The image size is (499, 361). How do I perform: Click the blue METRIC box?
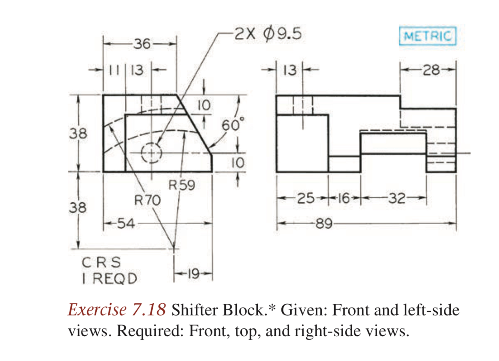[427, 36]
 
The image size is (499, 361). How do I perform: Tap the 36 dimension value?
[142, 44]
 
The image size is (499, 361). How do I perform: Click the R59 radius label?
[182, 185]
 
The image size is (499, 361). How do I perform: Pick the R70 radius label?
[147, 200]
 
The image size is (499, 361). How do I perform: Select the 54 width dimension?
[126, 223]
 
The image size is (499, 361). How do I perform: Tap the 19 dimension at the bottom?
[193, 274]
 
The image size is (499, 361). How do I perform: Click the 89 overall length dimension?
[324, 223]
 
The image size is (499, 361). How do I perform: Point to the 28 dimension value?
[431, 70]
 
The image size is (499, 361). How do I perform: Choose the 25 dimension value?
[306, 198]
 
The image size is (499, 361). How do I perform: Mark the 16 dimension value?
[344, 198]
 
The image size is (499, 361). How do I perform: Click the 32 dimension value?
[397, 198]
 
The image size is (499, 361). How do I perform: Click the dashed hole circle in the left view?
[152, 153]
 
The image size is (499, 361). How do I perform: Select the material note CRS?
[101, 262]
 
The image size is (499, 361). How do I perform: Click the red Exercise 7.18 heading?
[117, 310]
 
